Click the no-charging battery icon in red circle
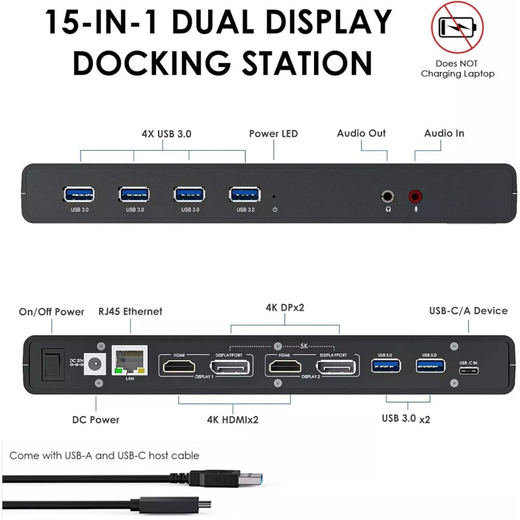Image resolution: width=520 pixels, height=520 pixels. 457,28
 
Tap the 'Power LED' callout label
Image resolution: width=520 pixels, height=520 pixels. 273,134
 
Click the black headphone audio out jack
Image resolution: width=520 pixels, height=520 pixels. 388,195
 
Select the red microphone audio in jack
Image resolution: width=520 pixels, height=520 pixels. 415,195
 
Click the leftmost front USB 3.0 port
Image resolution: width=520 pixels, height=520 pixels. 79,194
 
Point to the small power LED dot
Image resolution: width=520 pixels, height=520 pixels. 274,195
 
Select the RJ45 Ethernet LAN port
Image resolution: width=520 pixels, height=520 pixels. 130,359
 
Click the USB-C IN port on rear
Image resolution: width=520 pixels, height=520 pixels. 468,371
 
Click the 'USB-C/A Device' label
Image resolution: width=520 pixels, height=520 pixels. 469,311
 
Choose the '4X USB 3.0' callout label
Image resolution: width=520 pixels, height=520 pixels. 166,134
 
